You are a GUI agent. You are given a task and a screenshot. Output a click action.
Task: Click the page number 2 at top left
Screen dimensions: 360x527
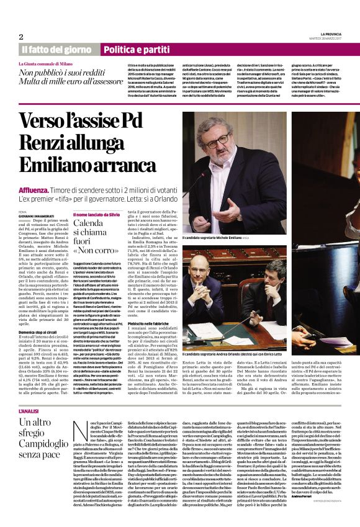tap(20, 36)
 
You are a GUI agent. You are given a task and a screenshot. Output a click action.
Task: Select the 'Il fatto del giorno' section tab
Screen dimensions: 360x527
tap(56, 49)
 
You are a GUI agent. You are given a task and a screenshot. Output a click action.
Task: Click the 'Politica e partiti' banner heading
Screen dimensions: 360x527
tap(136, 49)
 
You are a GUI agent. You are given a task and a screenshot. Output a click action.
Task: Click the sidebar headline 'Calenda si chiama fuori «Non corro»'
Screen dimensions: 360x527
tap(94, 235)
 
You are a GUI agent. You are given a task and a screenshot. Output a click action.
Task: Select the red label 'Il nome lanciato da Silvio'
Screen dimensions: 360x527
tap(98, 214)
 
